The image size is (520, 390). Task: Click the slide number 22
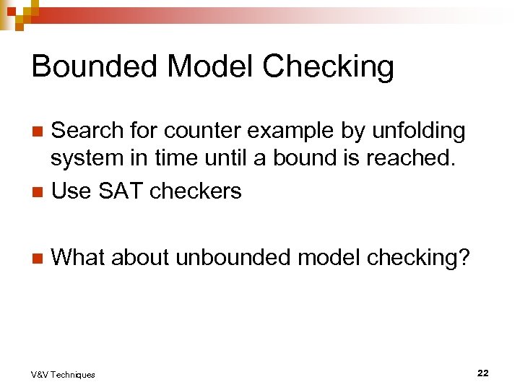pyautogui.click(x=482, y=373)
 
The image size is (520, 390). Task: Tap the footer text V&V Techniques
pyautogui.click(x=63, y=374)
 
